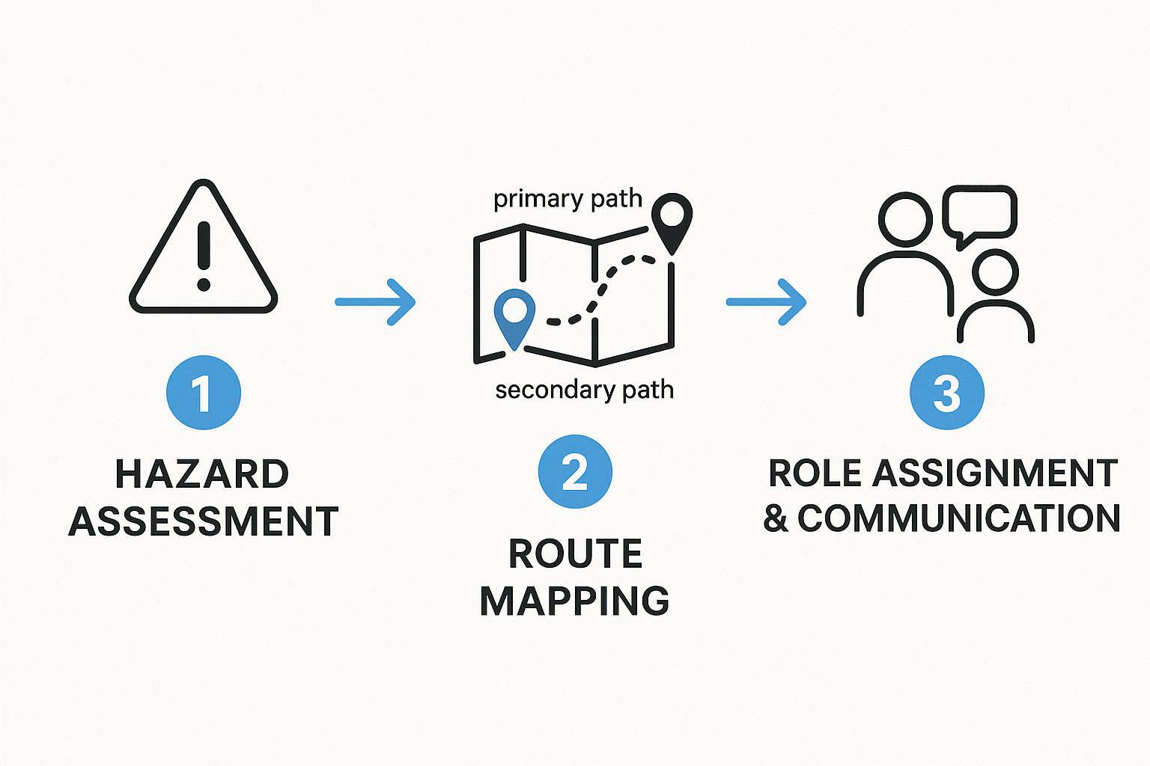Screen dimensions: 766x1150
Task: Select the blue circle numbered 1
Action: (x=203, y=393)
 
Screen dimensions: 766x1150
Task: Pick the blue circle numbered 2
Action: (x=575, y=472)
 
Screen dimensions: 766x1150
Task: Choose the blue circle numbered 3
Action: (x=947, y=392)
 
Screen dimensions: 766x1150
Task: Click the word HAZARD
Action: (x=202, y=474)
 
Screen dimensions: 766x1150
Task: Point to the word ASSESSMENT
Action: (x=204, y=521)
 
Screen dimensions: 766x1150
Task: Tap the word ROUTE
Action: (x=575, y=554)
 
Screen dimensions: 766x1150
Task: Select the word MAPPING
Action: (x=575, y=601)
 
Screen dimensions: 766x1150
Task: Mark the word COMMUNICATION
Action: (x=958, y=518)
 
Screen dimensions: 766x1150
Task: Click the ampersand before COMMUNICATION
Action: (x=776, y=518)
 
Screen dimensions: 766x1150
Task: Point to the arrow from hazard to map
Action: (x=375, y=302)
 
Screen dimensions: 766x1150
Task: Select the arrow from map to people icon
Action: (x=767, y=302)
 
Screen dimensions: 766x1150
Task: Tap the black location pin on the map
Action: (x=672, y=218)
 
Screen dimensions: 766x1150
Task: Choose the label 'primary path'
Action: (x=568, y=199)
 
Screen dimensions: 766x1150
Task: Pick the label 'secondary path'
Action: (x=584, y=390)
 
